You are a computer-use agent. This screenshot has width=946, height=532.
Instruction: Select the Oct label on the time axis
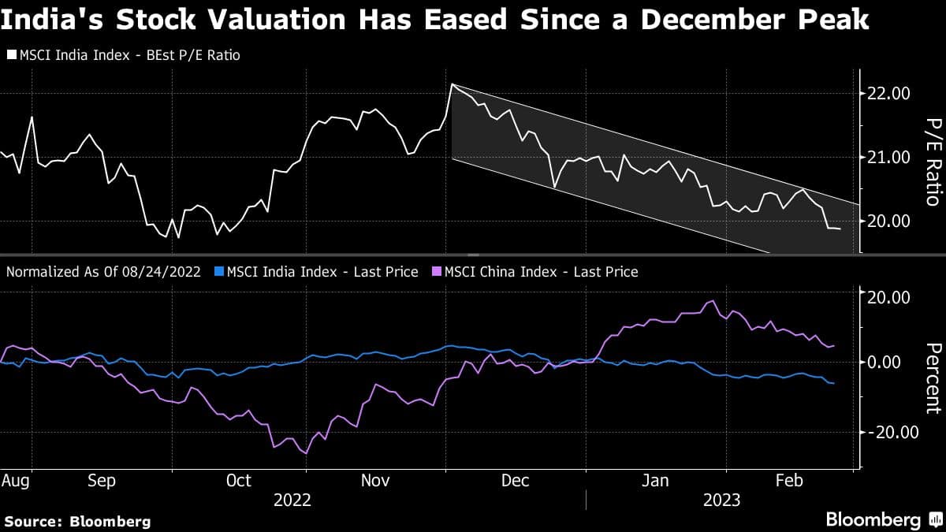click(238, 480)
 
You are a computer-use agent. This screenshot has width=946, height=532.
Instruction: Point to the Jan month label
click(656, 480)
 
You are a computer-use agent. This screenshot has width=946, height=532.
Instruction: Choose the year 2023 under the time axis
click(721, 500)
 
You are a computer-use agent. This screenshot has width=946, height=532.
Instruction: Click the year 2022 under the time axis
click(292, 500)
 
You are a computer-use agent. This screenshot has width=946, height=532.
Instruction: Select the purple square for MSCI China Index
click(437, 272)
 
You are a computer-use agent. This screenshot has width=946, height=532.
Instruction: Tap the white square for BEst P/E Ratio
click(11, 56)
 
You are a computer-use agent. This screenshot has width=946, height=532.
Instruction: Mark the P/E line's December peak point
click(452, 84)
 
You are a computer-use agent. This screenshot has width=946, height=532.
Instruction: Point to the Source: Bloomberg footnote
click(77, 521)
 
